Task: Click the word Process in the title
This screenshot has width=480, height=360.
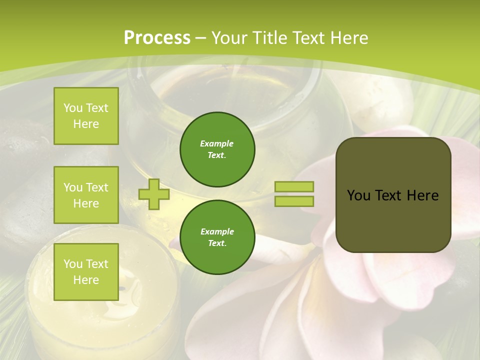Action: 157,38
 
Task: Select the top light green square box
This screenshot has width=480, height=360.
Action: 86,116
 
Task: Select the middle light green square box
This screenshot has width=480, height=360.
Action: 86,195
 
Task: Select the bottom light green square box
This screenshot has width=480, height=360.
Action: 86,272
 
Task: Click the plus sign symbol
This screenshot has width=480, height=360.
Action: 153,194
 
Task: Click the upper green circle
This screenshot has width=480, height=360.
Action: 217,149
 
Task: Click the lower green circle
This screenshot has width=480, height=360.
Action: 217,237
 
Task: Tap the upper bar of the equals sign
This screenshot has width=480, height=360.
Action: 294,186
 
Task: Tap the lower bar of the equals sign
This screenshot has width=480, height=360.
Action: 294,201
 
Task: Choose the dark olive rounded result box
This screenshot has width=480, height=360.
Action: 393,220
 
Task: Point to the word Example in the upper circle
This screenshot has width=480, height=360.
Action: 217,143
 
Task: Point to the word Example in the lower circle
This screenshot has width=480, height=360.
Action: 217,231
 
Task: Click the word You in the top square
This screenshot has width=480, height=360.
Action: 73,108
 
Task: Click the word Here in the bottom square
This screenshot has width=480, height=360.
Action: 86,280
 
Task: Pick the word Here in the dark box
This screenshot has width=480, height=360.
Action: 422,195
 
